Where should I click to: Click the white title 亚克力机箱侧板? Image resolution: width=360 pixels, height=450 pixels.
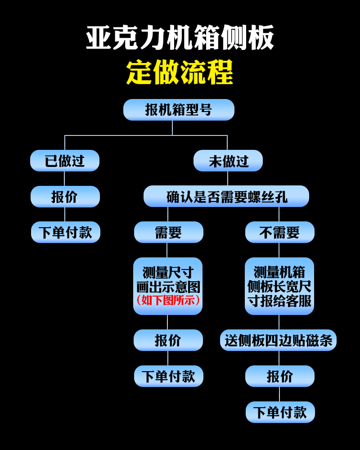pos(180,38)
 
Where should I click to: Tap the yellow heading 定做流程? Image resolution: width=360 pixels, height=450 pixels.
pos(180,72)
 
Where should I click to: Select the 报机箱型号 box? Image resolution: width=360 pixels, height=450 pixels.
pos(179,110)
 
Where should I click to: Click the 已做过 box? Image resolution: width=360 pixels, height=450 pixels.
pos(65,161)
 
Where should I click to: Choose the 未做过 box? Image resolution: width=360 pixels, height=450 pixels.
pos(228,161)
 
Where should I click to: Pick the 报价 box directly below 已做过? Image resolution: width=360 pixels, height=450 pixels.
pos(65,197)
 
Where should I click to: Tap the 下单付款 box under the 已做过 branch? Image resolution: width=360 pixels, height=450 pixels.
pos(65,232)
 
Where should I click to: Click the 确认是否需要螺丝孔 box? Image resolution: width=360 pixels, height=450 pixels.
pos(226,196)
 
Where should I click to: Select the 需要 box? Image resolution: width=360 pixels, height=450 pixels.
pos(168,232)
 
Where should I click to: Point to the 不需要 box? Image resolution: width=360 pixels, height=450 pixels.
pos(279,232)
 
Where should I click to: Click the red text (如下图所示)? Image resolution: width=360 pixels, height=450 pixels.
pos(168,300)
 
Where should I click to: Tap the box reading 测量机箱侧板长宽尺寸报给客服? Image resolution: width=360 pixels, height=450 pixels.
pos(279,286)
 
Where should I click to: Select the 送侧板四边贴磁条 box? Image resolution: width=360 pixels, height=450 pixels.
pos(278,340)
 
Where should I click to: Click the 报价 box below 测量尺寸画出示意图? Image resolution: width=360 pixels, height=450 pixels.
pos(168,340)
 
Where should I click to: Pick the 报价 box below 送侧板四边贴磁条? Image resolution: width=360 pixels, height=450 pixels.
pos(279,376)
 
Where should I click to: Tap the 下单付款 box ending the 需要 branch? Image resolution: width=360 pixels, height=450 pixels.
pos(168,376)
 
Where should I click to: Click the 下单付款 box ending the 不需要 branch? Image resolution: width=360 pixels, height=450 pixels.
pos(280,412)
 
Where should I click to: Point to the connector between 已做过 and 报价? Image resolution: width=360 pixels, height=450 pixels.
pos(65,179)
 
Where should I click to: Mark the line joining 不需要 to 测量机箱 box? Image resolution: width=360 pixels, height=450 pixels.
pos(279,250)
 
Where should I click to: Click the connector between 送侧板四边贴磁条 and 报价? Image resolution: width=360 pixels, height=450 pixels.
pos(279,358)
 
